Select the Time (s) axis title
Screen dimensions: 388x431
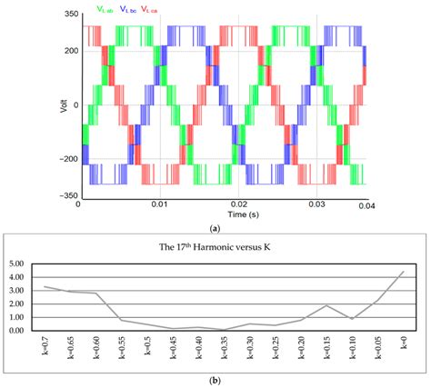(225, 216)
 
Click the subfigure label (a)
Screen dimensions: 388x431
(215, 231)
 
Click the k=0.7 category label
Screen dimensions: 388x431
(43, 349)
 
